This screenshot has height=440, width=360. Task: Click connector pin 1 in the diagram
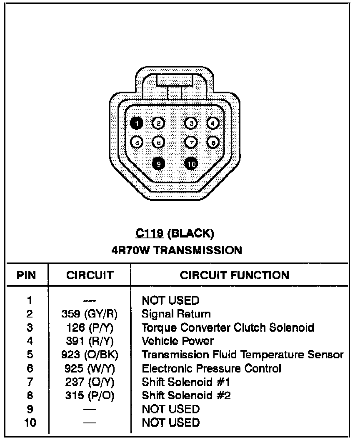[137, 123]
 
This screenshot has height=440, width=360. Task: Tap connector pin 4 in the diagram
[213, 123]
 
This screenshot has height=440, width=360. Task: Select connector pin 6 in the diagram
[158, 142]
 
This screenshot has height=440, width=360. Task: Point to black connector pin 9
[158, 163]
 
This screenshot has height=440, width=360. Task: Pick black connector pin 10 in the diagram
[191, 163]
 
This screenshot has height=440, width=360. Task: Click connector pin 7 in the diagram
[191, 142]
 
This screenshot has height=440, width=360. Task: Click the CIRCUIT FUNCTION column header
[234, 275]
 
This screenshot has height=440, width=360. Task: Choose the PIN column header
[26, 275]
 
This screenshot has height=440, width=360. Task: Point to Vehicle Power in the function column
[177, 341]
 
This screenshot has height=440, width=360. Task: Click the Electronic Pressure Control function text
[211, 368]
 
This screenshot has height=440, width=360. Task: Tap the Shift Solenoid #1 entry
[186, 382]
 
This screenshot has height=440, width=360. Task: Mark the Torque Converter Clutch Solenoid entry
[228, 327]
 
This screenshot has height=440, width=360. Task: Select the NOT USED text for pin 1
[170, 300]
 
